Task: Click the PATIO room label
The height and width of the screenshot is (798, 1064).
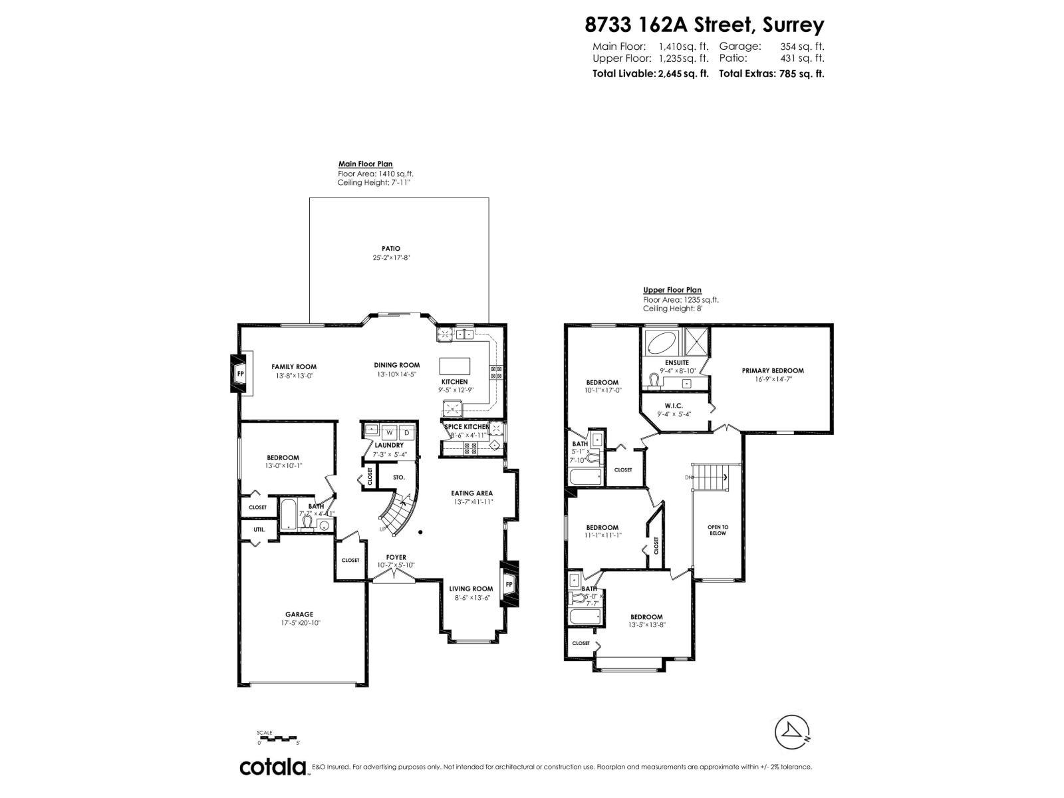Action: click(391, 249)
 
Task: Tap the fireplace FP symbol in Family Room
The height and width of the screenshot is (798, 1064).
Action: click(241, 374)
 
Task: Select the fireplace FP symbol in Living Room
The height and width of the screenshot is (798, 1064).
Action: click(509, 584)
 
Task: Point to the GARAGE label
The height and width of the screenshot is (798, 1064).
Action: click(299, 614)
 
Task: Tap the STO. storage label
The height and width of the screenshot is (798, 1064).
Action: click(398, 477)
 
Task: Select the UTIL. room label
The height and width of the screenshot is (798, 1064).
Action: click(259, 529)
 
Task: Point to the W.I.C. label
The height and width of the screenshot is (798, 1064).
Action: click(674, 406)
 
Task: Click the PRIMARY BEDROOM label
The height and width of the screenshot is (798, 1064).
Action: click(773, 370)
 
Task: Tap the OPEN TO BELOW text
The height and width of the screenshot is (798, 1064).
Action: click(718, 529)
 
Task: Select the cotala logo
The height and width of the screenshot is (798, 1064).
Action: click(273, 767)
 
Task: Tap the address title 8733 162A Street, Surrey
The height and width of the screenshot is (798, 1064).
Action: click(704, 25)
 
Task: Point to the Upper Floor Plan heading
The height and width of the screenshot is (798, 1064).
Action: click(672, 290)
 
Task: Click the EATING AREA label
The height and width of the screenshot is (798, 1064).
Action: click(471, 493)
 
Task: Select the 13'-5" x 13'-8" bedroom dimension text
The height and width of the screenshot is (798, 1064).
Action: click(646, 625)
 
